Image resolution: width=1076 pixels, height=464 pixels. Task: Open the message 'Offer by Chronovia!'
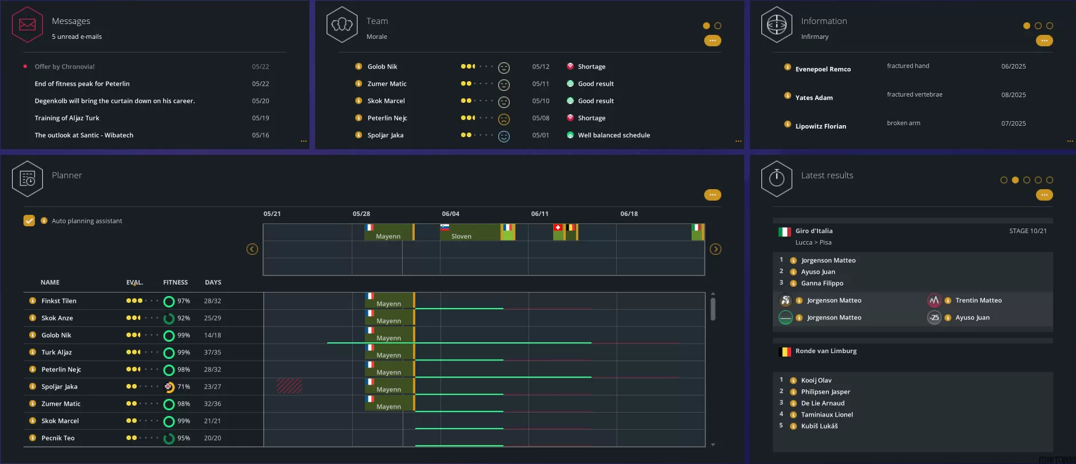coord(65,67)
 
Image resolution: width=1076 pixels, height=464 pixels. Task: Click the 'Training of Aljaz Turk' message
coord(67,118)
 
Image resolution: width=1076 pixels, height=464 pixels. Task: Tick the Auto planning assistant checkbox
coord(29,221)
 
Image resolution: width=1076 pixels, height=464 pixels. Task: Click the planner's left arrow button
coord(252,249)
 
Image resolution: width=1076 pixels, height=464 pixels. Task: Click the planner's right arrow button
coord(716,249)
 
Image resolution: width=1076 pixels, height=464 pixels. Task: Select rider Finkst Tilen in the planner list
coord(59,301)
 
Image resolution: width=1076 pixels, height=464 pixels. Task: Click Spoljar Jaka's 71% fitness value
coord(183,387)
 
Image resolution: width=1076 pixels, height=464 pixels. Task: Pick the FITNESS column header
coord(175,282)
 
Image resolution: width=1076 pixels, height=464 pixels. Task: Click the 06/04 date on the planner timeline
coord(451,214)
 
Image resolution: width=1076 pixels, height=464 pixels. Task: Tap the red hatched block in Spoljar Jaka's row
coord(289,386)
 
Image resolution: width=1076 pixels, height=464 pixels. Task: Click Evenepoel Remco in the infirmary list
coord(823,69)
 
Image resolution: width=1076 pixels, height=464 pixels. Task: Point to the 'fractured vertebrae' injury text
coord(914,95)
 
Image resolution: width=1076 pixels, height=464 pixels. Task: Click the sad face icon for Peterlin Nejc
coord(504,119)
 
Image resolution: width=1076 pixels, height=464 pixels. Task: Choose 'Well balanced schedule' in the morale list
coord(614,135)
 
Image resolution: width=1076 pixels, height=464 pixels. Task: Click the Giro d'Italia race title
coord(813,231)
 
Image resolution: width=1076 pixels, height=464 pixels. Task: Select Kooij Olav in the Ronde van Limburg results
coord(816,381)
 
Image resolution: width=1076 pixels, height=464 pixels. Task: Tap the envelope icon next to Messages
coord(27,25)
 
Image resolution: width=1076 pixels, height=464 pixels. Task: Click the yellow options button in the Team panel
coord(712,41)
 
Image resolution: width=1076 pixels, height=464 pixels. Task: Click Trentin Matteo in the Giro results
coord(978,301)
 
